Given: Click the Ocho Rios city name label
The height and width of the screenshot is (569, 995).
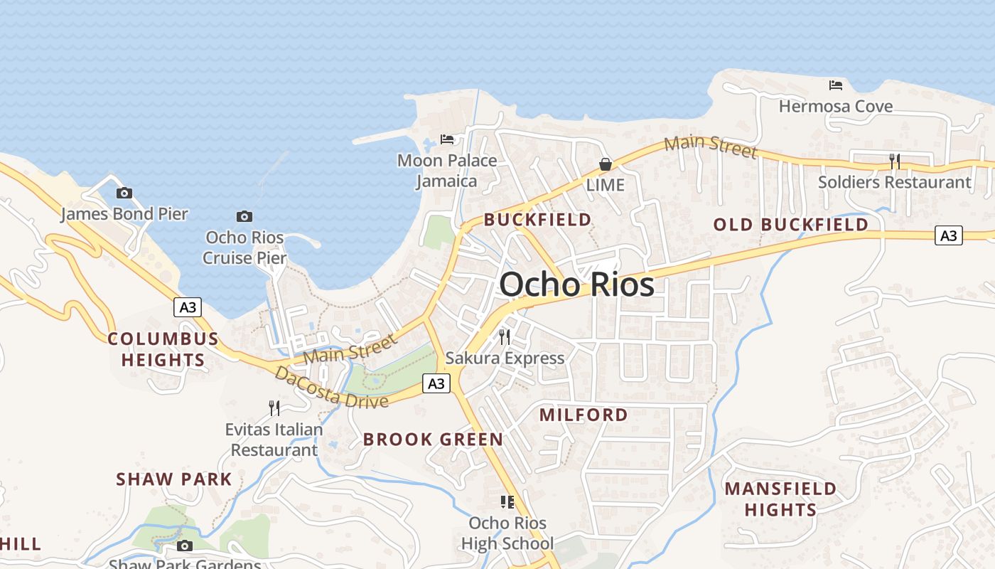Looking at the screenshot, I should pos(576,285).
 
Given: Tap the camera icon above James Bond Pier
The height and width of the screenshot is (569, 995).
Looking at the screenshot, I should pos(124,193).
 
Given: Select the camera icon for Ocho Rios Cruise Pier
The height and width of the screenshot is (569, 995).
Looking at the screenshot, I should pos(244,216).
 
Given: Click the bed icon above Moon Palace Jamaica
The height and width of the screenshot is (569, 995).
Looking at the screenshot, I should pos(447,139).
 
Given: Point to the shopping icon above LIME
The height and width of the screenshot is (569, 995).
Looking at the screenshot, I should pos(606,164).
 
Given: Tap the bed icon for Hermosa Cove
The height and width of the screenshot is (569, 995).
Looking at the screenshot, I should pos(836,85).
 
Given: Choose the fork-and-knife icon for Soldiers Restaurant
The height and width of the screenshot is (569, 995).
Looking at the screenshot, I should pos(895,161).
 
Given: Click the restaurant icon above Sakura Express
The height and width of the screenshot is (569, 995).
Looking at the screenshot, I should pos(505,337).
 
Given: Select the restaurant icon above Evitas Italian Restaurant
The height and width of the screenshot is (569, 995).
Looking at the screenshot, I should pos(274,408).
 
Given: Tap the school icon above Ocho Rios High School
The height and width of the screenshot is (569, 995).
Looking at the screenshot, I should pos(507,502).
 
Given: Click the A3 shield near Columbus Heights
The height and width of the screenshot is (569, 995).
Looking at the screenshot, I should pos(188,307).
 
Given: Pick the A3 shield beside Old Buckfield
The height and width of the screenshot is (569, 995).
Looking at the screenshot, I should pos(949,235).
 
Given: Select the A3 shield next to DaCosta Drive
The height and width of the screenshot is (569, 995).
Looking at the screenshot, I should pos(436,383).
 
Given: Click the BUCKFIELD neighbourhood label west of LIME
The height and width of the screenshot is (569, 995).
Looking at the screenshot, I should pos(537,220).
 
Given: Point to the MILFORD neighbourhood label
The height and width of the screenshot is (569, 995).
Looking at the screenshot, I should pos(583,415).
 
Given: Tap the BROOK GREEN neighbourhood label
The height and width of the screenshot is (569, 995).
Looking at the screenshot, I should pos(433,440).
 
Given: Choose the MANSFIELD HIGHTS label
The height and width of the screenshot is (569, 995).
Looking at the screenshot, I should pos(780,499).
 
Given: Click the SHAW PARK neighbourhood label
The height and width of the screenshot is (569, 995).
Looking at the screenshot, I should pos(174,479).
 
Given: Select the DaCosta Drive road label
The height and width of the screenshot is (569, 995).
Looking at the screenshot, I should pos(332,388).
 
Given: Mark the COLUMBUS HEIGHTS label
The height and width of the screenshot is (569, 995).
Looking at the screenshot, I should pos(163,349).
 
